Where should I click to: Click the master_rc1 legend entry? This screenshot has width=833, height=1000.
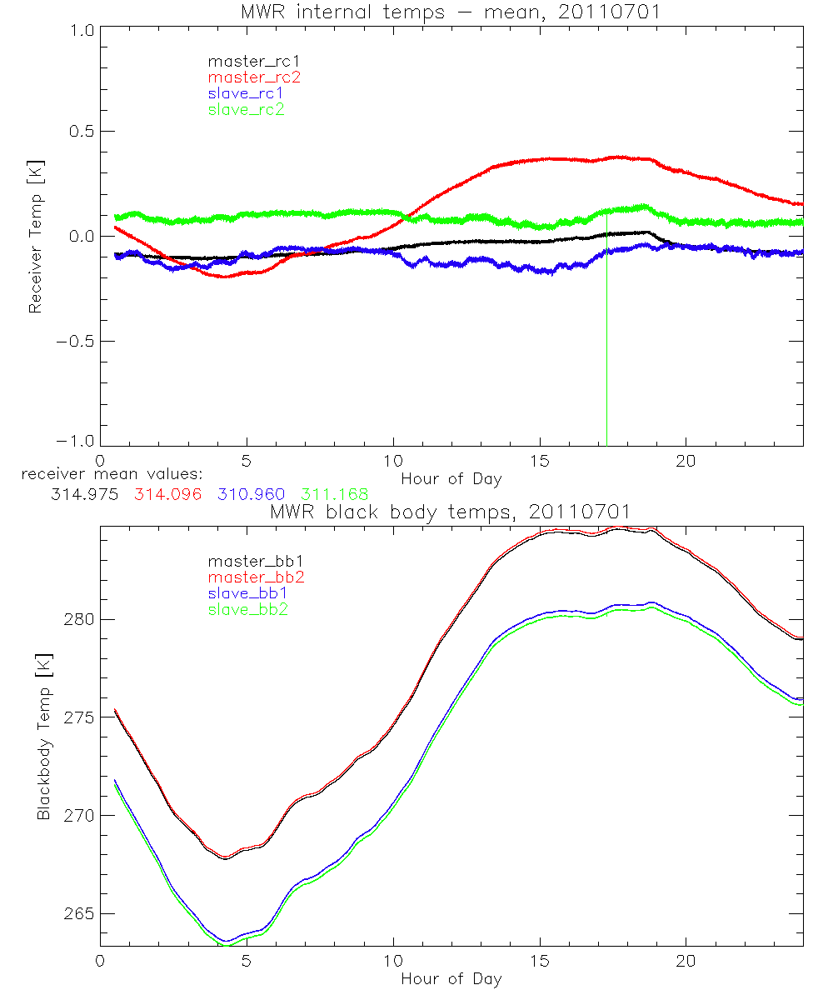coord(246,61)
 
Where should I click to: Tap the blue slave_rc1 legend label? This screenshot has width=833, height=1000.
coord(246,92)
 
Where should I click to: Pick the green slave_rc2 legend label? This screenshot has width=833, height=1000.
coord(246,108)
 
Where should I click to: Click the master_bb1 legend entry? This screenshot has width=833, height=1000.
coord(249,562)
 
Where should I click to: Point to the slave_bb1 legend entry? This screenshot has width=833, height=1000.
coord(249,593)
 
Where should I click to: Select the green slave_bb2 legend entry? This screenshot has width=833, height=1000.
coord(249,609)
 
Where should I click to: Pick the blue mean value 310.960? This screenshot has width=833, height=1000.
coord(252,494)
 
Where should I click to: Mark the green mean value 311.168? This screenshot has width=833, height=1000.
coord(335,494)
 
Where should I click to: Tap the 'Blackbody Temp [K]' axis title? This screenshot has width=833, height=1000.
coord(43,737)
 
